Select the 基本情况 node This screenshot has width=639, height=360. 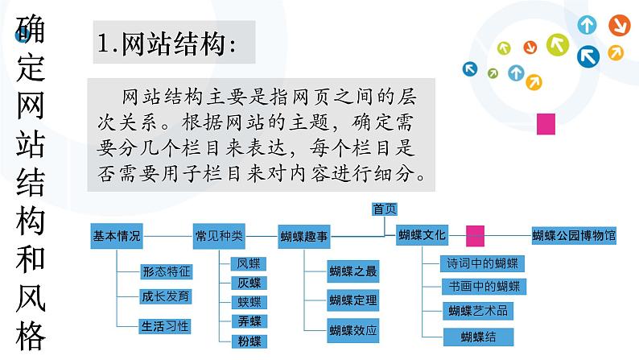point(117,236)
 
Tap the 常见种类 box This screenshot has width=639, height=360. point(219,236)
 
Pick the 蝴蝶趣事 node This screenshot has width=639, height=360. point(305,237)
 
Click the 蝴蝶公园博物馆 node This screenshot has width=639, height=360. point(574,236)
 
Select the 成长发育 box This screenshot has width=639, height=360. point(166,296)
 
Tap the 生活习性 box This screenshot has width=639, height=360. point(166,326)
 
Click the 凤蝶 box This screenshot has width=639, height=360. point(249,263)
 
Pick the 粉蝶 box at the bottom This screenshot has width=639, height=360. point(249,341)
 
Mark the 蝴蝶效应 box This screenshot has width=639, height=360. point(352,329)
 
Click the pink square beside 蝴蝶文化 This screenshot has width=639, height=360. point(475,235)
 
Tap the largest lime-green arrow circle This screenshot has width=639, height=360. point(558,43)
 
